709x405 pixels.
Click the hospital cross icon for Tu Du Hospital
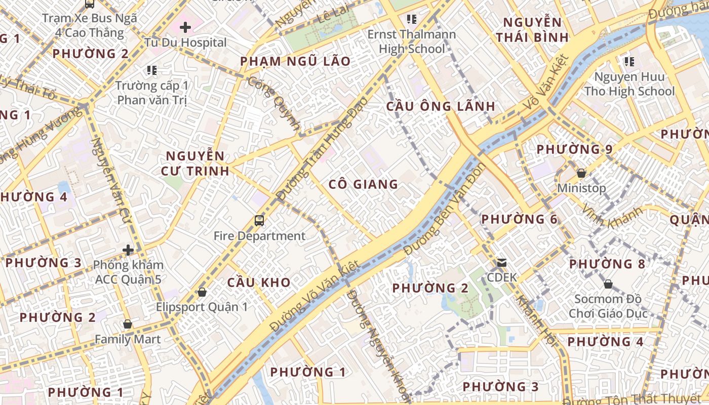click(x=185, y=27)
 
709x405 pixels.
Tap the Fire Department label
click(x=259, y=236)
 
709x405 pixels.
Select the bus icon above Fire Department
click(x=259, y=220)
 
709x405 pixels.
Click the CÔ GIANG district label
click(x=363, y=184)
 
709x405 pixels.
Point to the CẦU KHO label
click(x=259, y=282)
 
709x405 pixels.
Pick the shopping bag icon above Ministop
click(x=581, y=173)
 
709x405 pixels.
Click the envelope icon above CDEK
click(x=502, y=263)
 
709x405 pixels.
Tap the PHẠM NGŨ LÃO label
click(x=295, y=62)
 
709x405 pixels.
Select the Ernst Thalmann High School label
click(x=411, y=42)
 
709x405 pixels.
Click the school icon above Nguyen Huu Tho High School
click(x=629, y=62)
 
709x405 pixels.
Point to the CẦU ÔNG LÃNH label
click(x=441, y=106)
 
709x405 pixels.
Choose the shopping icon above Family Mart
click(x=128, y=324)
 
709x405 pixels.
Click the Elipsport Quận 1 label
click(x=202, y=307)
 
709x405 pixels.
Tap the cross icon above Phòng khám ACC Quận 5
click(x=128, y=250)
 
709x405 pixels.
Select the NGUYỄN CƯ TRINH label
click(x=195, y=163)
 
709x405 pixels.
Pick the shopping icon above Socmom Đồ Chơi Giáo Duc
click(x=608, y=284)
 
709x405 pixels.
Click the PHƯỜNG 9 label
click(x=574, y=149)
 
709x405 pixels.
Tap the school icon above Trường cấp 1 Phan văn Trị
click(x=151, y=70)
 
